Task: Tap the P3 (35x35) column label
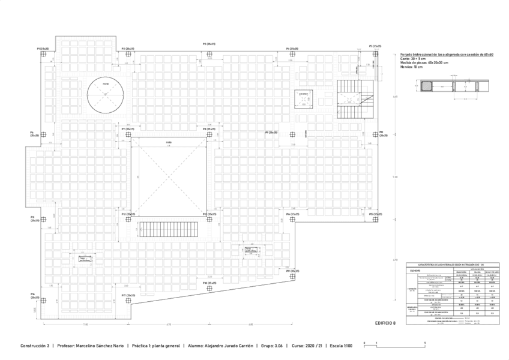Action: [209, 44]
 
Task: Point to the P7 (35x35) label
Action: [128, 129]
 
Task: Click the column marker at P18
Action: [209, 289]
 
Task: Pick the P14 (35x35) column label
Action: [293, 214]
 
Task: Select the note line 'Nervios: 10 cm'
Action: [411, 67]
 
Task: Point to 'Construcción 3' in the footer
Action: [35, 346]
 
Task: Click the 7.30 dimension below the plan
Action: [86, 325]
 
